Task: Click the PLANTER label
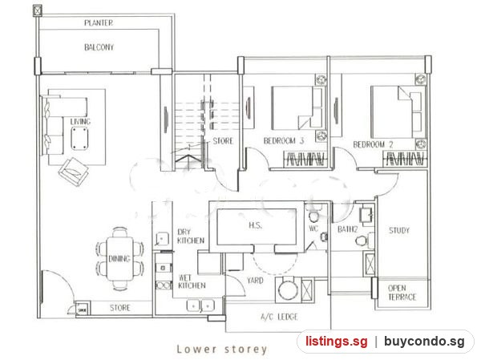pos(99,22)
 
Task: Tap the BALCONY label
pos(99,47)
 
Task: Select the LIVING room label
pos(80,122)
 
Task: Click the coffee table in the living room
pos(79,139)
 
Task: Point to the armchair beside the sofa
pos(74,172)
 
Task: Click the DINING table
pos(120,259)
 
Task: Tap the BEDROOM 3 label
pos(284,141)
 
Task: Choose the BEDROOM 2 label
pos(373,144)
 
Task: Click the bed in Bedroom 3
pos(298,107)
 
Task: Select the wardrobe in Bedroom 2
pos(405,159)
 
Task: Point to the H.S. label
pos(255,225)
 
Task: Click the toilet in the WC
pos(313,215)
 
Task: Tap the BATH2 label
pos(348,229)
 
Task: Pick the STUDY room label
pos(399,230)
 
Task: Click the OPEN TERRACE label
pos(402,293)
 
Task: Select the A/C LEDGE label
pos(279,317)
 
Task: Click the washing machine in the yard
pos(288,290)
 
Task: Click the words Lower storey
pos(221,349)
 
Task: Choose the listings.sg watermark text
pos(336,341)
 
